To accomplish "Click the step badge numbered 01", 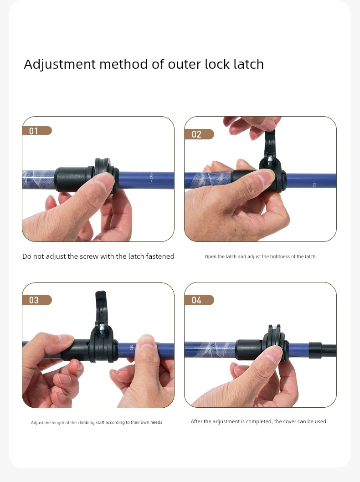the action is click(x=37, y=131).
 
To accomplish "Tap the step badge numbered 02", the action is click(x=199, y=134).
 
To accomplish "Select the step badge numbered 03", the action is click(x=37, y=300).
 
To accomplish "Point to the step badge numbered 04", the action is click(x=199, y=300).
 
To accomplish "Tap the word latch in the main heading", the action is click(x=248, y=64).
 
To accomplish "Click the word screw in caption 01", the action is click(x=89, y=256).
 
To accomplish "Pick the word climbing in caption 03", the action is click(x=86, y=423).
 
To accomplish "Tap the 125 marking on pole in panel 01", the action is click(x=152, y=178).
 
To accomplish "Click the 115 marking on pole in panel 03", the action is click(x=132, y=347).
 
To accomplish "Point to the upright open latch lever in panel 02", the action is click(x=270, y=143).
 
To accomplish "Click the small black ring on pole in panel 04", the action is click(x=315, y=350).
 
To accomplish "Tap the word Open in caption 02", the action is click(x=210, y=257).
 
